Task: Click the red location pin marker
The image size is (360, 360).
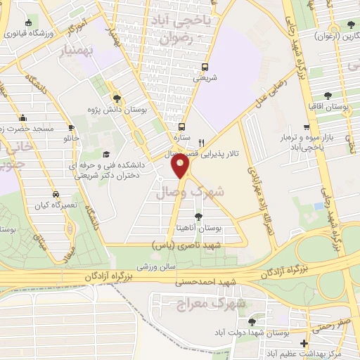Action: coord(181,166)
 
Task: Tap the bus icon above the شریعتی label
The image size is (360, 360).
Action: coord(205,67)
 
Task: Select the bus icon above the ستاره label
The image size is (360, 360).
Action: coord(182,127)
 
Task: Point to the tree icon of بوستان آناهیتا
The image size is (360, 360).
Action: coord(199,216)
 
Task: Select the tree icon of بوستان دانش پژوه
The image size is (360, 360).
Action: coord(116,98)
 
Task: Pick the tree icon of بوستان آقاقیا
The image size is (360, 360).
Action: coord(327,96)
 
